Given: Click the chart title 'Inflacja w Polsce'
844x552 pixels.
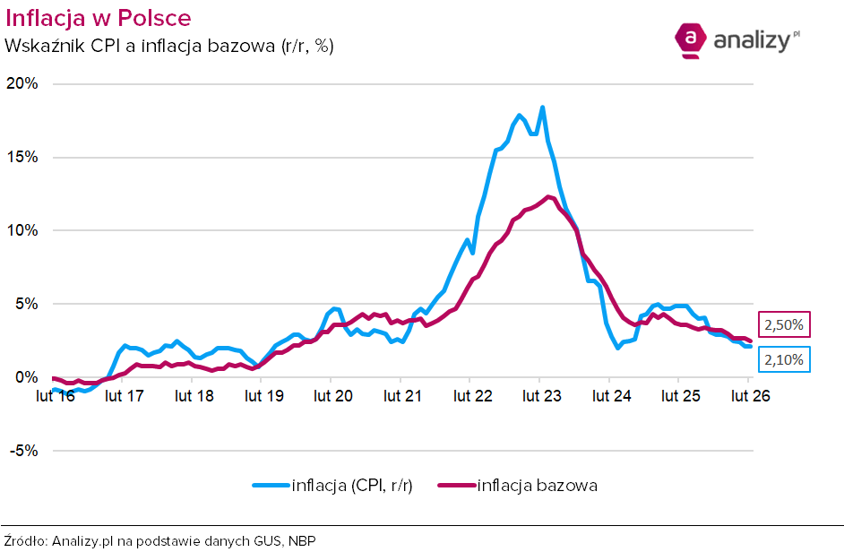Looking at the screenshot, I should (99, 18).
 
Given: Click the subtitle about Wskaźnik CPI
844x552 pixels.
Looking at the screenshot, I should (170, 46).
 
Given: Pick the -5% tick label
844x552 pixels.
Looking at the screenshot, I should (23, 451).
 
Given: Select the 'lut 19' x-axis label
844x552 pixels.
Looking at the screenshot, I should (262, 394).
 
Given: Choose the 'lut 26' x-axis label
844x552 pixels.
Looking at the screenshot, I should (748, 394).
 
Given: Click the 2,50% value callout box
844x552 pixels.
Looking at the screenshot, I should (785, 324).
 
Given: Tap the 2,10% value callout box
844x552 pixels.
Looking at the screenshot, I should (785, 360).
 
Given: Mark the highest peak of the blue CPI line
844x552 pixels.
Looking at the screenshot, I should (542, 108).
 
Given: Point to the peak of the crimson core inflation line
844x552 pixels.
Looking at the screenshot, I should (547, 196).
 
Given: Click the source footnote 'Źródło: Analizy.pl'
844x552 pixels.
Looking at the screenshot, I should (161, 540).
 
